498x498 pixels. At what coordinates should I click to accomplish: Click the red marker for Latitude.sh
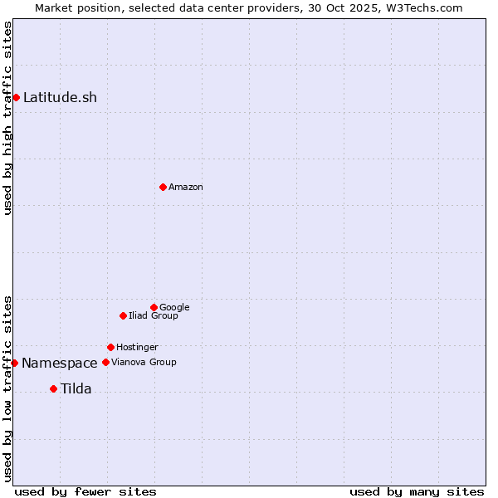(x=16, y=97)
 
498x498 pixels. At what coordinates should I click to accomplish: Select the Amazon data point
(x=163, y=187)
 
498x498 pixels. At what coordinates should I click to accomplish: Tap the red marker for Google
(x=154, y=307)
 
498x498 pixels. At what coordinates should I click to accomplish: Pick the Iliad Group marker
(x=123, y=315)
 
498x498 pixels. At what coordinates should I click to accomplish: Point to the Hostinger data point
(x=110, y=347)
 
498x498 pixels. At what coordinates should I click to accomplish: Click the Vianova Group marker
(x=105, y=362)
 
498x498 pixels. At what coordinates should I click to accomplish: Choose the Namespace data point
(x=14, y=363)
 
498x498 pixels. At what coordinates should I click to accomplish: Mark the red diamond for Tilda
(x=53, y=388)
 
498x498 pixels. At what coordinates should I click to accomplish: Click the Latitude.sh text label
(x=60, y=97)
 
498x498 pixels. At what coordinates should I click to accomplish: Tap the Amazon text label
(x=186, y=188)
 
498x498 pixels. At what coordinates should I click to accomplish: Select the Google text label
(x=174, y=307)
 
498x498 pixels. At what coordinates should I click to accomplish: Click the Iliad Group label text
(x=154, y=315)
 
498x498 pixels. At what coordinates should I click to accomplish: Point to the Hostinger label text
(x=137, y=347)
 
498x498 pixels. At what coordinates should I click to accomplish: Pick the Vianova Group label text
(x=144, y=362)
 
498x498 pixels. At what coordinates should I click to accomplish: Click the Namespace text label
(x=60, y=363)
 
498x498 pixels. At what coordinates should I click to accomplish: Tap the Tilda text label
(x=76, y=388)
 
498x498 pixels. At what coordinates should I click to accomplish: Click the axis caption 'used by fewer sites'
(x=85, y=491)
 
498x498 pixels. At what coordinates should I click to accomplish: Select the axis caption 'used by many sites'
(x=417, y=491)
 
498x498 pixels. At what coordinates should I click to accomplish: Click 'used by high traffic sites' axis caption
(x=7, y=118)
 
